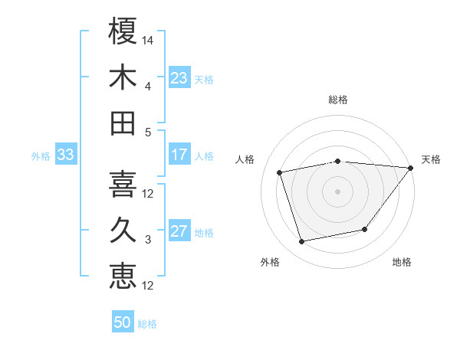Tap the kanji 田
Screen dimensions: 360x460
[123, 123]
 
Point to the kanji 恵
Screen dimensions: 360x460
[123, 277]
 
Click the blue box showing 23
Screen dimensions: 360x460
[179, 78]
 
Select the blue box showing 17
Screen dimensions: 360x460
[179, 155]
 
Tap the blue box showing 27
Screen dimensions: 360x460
[179, 231]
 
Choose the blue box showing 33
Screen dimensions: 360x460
[65, 155]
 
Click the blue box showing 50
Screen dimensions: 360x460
[123, 322]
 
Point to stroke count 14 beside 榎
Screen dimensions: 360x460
[148, 38]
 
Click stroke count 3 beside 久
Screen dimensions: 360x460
[148, 240]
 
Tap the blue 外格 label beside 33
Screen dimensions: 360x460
[41, 156]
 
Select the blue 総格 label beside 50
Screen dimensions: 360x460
[147, 324]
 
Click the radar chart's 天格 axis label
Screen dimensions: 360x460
[431, 159]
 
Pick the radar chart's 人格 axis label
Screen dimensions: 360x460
[246, 159]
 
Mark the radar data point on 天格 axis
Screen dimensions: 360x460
[410, 168]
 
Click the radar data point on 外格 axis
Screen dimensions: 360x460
[302, 241]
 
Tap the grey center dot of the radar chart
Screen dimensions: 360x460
[337, 191]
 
